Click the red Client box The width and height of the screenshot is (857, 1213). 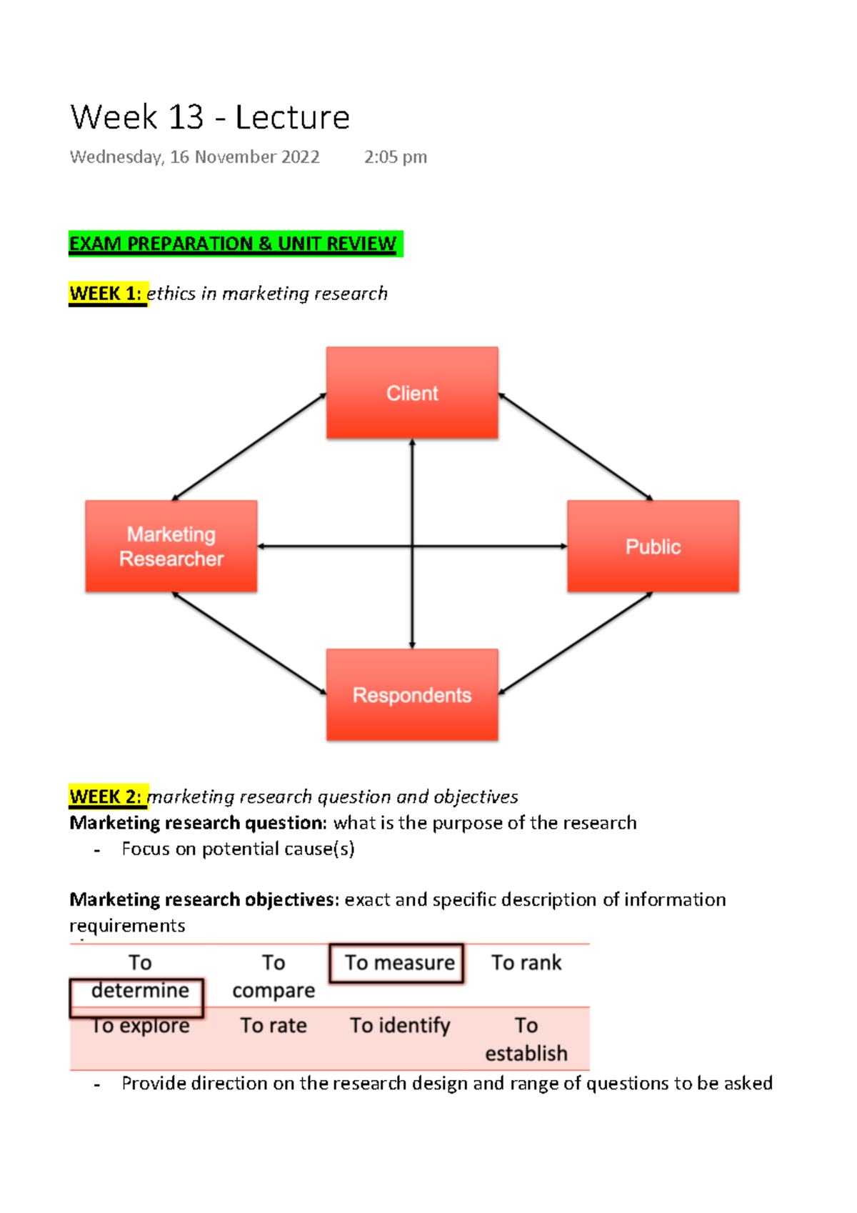(412, 393)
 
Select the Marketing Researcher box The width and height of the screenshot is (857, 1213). (171, 546)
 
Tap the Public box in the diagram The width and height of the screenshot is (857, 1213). (653, 546)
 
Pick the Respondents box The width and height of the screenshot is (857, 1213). (412, 695)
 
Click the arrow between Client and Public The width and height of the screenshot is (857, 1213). (576, 446)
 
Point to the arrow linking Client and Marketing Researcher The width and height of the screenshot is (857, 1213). (249, 446)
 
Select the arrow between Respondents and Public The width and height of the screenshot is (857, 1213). (576, 643)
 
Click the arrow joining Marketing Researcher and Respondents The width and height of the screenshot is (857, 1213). (249, 643)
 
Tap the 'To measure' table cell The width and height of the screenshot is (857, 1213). (399, 963)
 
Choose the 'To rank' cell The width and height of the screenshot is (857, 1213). (526, 963)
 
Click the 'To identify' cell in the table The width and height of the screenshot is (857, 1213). (400, 1026)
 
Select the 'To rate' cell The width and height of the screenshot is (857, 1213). (274, 1026)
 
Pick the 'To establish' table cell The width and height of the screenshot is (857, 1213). (526, 1039)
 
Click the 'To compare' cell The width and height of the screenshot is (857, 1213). (274, 977)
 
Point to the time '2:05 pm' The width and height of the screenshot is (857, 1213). (396, 157)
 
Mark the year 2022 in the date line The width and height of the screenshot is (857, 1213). (300, 157)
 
